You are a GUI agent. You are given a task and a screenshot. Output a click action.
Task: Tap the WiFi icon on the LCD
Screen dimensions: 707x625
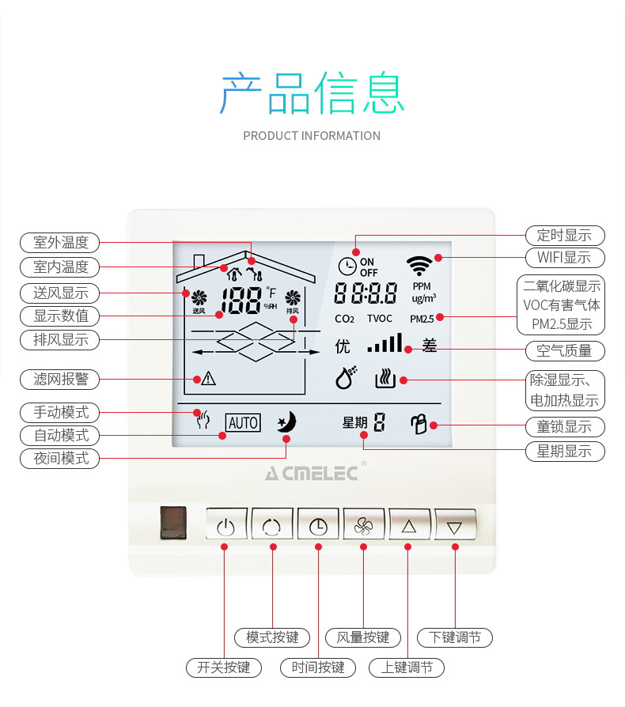pos(419,264)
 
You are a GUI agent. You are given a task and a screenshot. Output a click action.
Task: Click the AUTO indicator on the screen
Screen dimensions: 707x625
pos(242,423)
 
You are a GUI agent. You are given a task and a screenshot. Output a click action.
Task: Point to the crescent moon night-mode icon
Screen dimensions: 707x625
pos(286,422)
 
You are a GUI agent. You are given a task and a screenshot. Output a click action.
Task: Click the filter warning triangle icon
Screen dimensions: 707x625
pos(208,379)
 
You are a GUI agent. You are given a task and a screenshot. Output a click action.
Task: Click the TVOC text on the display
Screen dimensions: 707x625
pos(380,319)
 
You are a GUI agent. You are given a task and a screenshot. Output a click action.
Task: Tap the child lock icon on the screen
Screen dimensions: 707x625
pos(419,424)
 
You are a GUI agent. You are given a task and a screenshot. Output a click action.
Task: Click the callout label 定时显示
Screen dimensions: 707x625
pos(564,235)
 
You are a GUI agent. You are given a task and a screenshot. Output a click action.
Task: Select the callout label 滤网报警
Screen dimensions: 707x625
pos(60,379)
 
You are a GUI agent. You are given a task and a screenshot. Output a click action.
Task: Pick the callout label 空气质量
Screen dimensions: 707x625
pos(564,350)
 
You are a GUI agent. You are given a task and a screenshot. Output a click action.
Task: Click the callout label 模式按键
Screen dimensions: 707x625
pos(272,637)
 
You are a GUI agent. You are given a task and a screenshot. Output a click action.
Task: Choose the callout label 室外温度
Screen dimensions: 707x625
pos(60,242)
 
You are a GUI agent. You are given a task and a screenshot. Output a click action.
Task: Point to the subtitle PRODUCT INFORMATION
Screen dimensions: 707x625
pos(312,136)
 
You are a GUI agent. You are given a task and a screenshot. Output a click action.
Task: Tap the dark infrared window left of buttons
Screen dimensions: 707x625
pos(173,524)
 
